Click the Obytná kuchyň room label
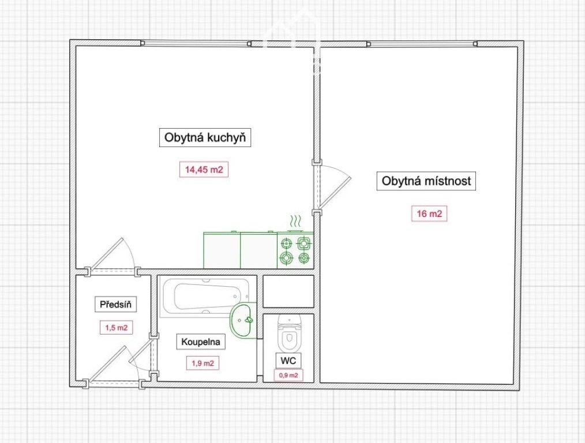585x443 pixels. coord(205,138)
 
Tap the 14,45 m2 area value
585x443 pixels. coord(204,170)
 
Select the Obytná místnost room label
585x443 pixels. coord(426,181)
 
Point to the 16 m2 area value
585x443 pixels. coord(429,213)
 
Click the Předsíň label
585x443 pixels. coord(115,305)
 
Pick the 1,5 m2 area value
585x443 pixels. coord(116,328)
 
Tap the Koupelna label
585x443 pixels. coord(201,341)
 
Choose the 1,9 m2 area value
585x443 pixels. coord(202,363)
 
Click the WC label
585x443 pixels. coord(288,360)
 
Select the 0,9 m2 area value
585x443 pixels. coord(288,375)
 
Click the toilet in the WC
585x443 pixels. coord(290,333)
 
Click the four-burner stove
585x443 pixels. coord(295,250)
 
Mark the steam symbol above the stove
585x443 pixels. coord(295,221)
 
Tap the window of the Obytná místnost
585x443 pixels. coord(422,44)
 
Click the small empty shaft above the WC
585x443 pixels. coord(288,291)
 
